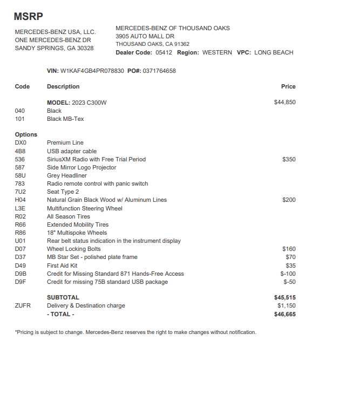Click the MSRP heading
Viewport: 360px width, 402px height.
point(28,17)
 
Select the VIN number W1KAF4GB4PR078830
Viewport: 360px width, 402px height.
point(92,71)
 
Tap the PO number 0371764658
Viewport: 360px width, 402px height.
point(159,71)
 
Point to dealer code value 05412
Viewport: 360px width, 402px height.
point(164,52)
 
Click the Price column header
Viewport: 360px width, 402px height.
point(288,86)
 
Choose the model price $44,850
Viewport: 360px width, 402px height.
point(284,102)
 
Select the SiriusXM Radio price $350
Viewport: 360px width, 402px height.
point(289,159)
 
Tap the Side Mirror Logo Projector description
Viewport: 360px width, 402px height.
point(81,167)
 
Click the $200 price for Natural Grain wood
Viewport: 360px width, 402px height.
point(289,200)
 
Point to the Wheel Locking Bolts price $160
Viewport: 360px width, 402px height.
point(289,249)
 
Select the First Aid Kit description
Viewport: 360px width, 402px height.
point(62,265)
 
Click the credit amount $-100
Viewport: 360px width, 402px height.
point(288,274)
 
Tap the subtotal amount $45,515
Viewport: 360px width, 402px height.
point(284,297)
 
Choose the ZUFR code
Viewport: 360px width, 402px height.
point(23,305)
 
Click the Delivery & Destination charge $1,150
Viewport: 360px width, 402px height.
point(286,305)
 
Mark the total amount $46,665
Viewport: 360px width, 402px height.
point(284,314)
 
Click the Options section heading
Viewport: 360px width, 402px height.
point(26,134)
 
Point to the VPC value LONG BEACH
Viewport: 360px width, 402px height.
point(274,52)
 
